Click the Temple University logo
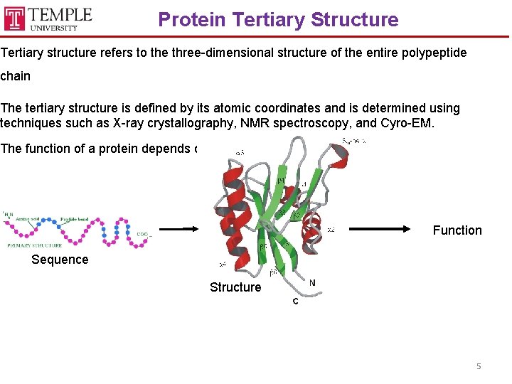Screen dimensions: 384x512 click(48, 18)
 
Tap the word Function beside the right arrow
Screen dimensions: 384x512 click(457, 230)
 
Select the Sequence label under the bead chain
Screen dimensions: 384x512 click(60, 260)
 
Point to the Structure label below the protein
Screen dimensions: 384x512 click(235, 287)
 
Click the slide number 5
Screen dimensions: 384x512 click(479, 366)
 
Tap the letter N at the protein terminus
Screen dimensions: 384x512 click(312, 283)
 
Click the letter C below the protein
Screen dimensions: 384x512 click(295, 302)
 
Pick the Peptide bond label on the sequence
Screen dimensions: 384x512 click(75, 220)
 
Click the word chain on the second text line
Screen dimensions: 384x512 click(16, 75)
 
